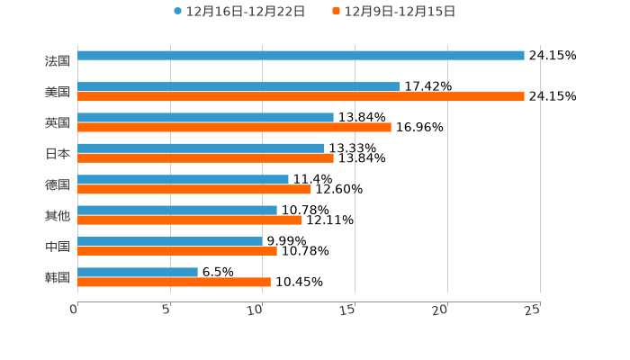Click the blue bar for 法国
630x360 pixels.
[301, 55]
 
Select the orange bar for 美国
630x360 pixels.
[301, 96]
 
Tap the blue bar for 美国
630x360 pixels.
[238, 86]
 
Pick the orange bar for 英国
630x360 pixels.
[234, 127]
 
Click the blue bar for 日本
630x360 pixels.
[201, 148]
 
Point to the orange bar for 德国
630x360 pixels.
[194, 189]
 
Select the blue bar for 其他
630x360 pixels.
[177, 210]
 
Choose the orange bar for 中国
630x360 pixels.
[177, 251]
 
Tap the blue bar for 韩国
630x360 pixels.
[138, 272]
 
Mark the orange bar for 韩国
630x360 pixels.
[174, 282]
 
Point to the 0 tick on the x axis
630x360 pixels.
[75, 310]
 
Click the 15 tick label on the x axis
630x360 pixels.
[348, 310]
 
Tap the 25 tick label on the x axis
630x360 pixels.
[533, 310]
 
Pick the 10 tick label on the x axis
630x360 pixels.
[256, 310]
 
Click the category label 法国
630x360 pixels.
[58, 61]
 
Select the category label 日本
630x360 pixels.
[58, 153]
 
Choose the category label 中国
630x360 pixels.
[58, 247]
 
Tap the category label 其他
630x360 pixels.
[58, 215]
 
